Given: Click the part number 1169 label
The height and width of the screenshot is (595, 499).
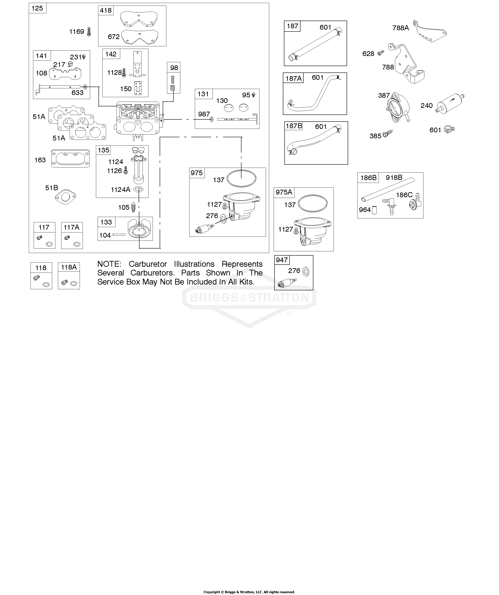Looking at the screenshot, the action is click(x=77, y=32).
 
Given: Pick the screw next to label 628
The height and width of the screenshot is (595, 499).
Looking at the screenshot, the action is click(x=381, y=53).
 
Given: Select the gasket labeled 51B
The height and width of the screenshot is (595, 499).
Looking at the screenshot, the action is click(x=65, y=197).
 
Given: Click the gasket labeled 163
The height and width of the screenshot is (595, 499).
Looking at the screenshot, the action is click(x=70, y=158).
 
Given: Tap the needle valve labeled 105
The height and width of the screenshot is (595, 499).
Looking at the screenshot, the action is click(x=134, y=208).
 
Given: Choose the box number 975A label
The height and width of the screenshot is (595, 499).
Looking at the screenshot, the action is click(x=284, y=192).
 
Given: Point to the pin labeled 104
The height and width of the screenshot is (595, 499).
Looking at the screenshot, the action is click(x=119, y=235).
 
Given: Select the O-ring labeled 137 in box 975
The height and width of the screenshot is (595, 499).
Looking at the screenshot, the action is click(x=241, y=178).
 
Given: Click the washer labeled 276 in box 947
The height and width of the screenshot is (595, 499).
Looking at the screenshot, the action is click(x=306, y=272).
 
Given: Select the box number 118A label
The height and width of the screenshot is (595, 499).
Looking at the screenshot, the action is click(x=69, y=267).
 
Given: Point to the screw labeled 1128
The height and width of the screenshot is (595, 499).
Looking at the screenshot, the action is click(x=124, y=73).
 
